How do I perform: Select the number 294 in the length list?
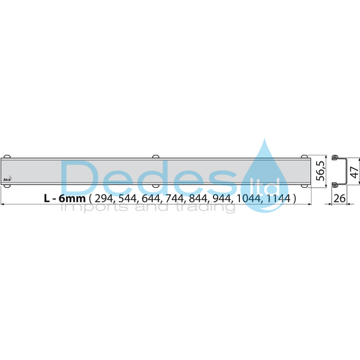(x=104, y=198)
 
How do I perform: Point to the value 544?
(x=128, y=198)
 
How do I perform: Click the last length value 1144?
(x=277, y=198)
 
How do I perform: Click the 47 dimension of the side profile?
(x=354, y=171)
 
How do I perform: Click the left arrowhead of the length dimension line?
(x=3, y=205)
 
